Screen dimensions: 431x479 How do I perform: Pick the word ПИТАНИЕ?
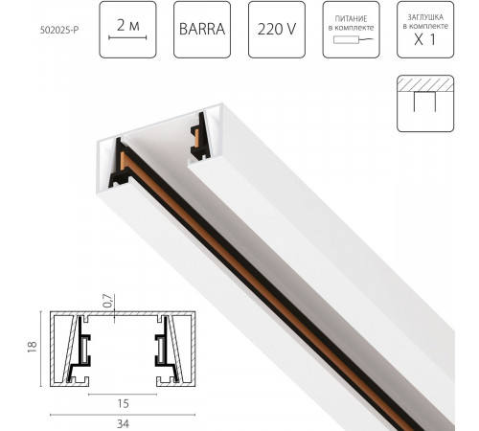tap(351, 15)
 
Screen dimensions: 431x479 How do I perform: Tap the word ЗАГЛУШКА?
tap(425, 15)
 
